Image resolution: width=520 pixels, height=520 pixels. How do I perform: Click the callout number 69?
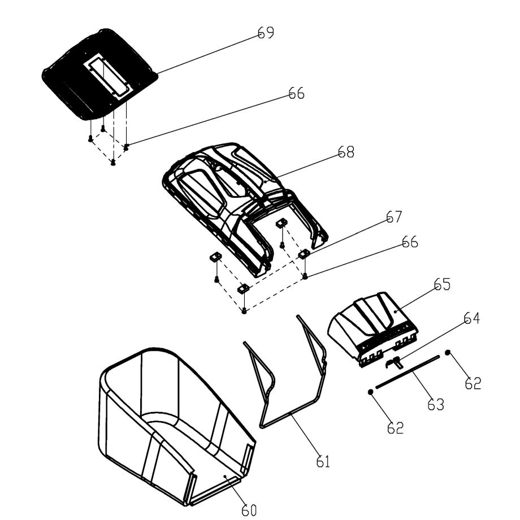pos(266,33)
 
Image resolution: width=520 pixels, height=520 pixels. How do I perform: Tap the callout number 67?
pos(393,218)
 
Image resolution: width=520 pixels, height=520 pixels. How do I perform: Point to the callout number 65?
pos(441,284)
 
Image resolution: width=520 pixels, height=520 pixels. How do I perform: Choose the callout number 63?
pos(435,404)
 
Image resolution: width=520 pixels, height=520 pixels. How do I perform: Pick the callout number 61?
pos(323,462)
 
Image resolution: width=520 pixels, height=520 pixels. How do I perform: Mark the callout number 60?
pos(249,509)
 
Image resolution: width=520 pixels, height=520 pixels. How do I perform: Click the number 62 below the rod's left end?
pos(395,428)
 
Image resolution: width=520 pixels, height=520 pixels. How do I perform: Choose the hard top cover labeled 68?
pos(226,187)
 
